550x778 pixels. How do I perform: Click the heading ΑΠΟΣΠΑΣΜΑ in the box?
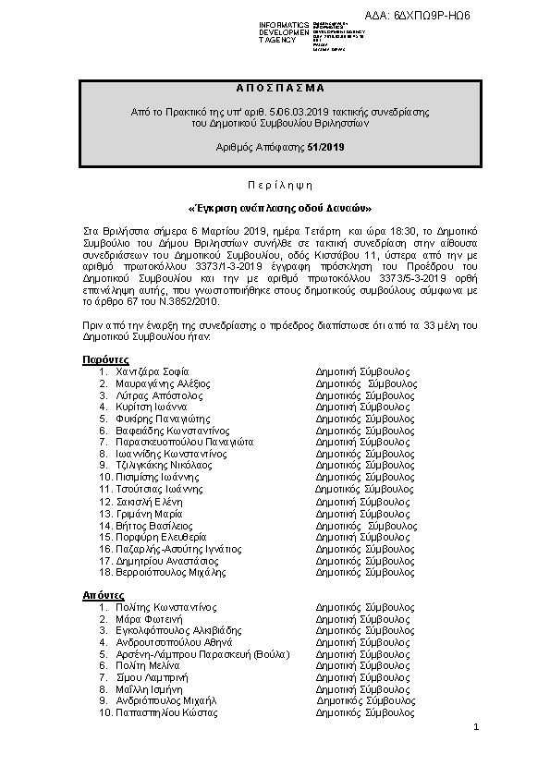(275, 88)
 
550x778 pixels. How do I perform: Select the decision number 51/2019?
(326, 146)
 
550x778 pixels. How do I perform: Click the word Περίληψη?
(275, 185)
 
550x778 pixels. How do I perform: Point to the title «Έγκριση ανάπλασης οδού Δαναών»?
(275, 207)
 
